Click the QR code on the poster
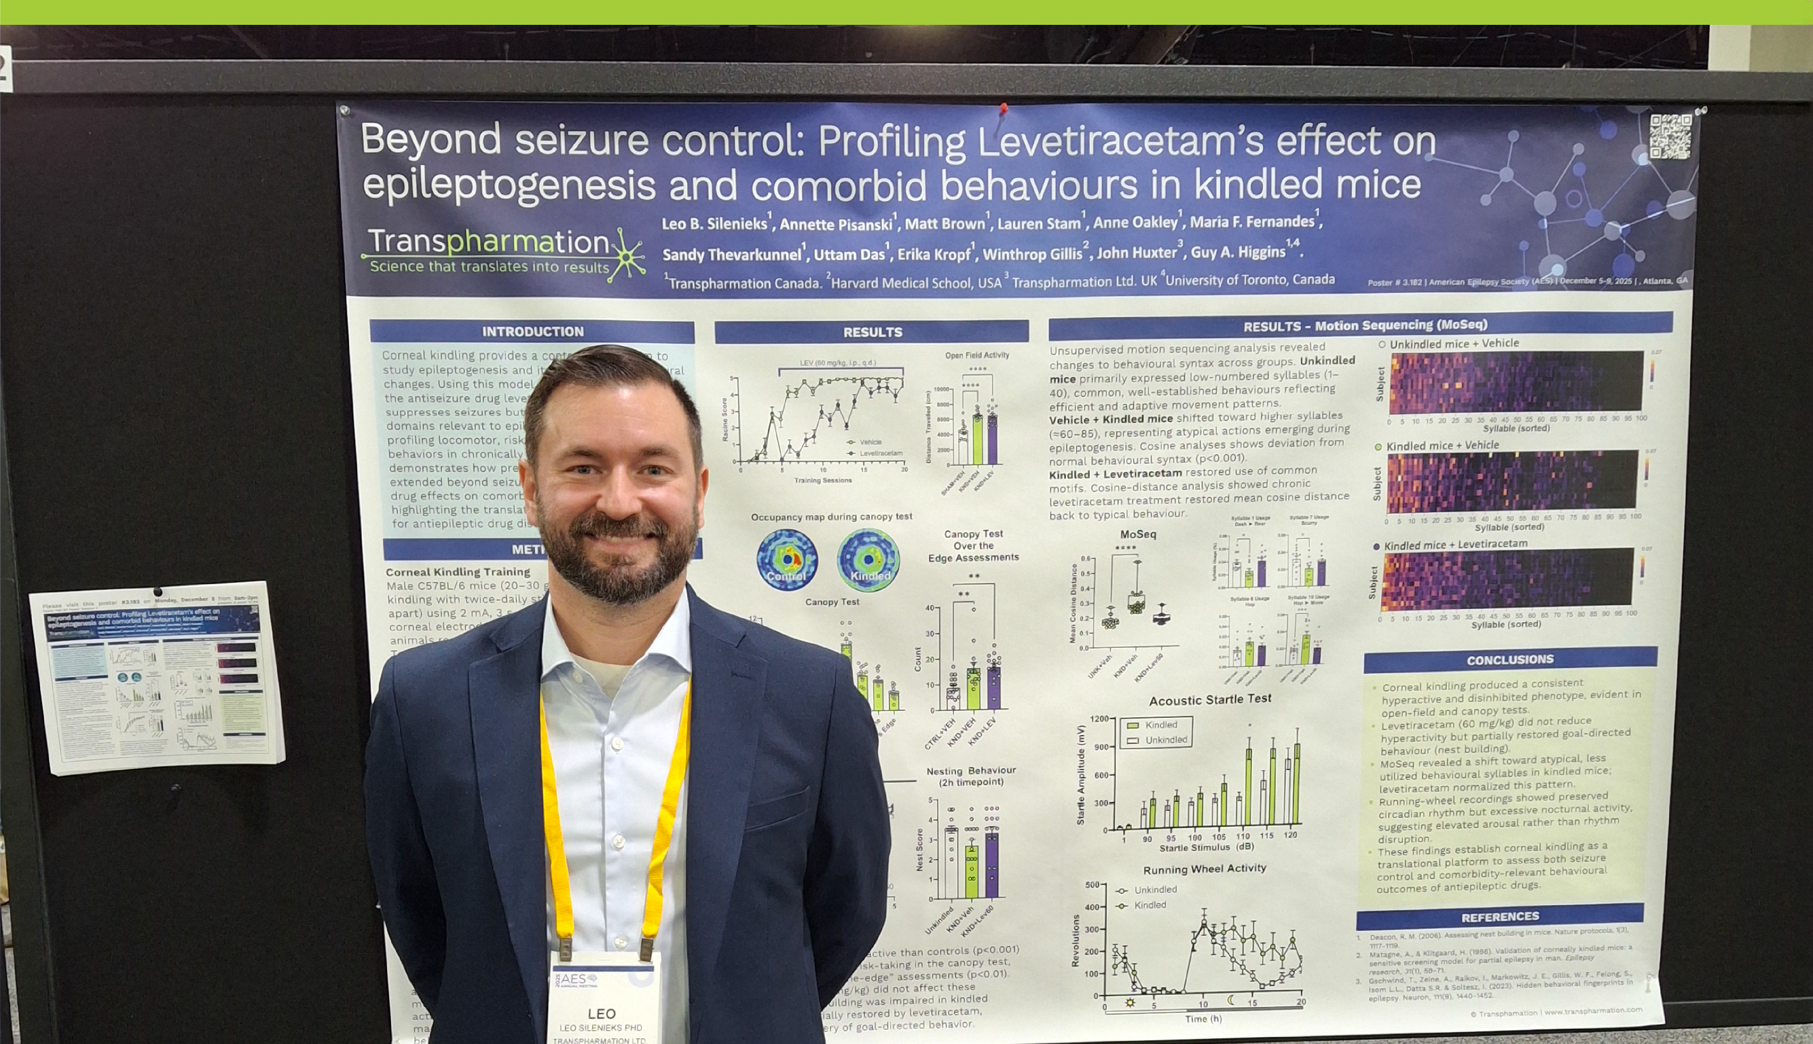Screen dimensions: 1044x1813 coord(1670,136)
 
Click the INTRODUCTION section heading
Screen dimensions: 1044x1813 coord(532,331)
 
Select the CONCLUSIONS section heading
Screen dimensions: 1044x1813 coord(1510,660)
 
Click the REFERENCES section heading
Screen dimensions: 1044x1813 coord(1500,917)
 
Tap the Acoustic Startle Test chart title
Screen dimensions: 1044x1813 coord(1210,699)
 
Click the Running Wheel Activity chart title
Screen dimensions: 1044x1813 coord(1204,869)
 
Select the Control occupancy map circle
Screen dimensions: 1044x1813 coord(787,560)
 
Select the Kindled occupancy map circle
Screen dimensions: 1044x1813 coord(868,559)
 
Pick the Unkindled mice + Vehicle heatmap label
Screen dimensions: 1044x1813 coord(1454,343)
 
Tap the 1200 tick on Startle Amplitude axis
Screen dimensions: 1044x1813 coord(1098,719)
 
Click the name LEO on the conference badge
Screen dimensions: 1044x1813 coord(601,1013)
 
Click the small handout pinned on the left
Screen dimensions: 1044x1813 coord(158,677)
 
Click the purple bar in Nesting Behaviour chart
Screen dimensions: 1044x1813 coord(992,864)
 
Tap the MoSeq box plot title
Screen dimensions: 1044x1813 coord(1138,534)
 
